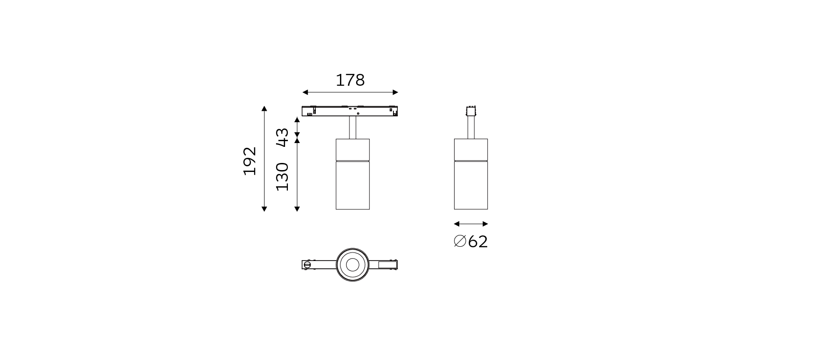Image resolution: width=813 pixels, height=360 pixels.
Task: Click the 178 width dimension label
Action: pos(350,80)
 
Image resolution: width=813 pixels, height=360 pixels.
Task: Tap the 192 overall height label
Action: pos(250,161)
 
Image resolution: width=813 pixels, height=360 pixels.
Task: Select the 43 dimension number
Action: pos(282,137)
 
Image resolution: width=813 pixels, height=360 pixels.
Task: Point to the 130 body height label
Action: pos(282,176)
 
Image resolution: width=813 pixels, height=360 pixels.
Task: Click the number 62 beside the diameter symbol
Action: pos(478,242)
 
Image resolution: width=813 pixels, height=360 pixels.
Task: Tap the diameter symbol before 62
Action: pos(460,241)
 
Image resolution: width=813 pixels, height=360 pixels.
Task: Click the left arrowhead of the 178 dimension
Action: pos(305,92)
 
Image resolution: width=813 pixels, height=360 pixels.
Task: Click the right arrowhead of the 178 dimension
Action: pos(395,92)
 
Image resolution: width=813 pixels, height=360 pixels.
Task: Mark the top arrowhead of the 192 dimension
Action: pos(264,108)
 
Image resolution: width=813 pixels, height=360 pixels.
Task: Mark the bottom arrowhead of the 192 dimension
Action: pos(264,208)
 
